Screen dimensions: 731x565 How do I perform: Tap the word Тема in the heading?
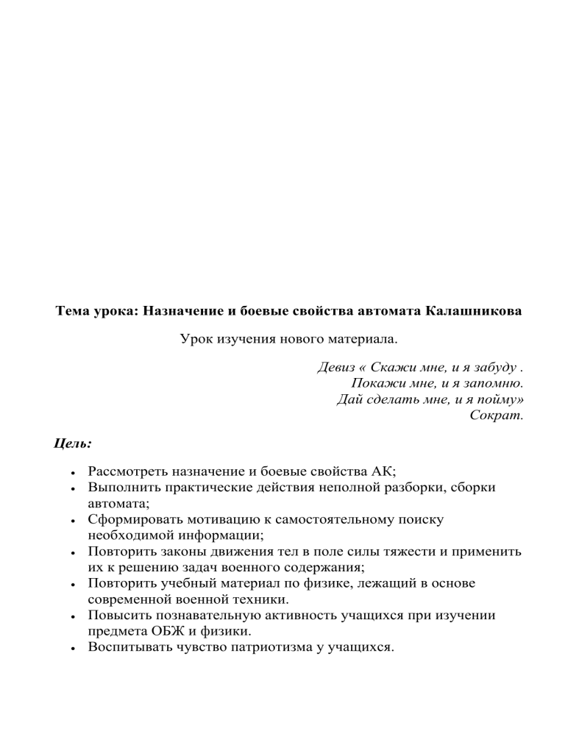pyautogui.click(x=74, y=310)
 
